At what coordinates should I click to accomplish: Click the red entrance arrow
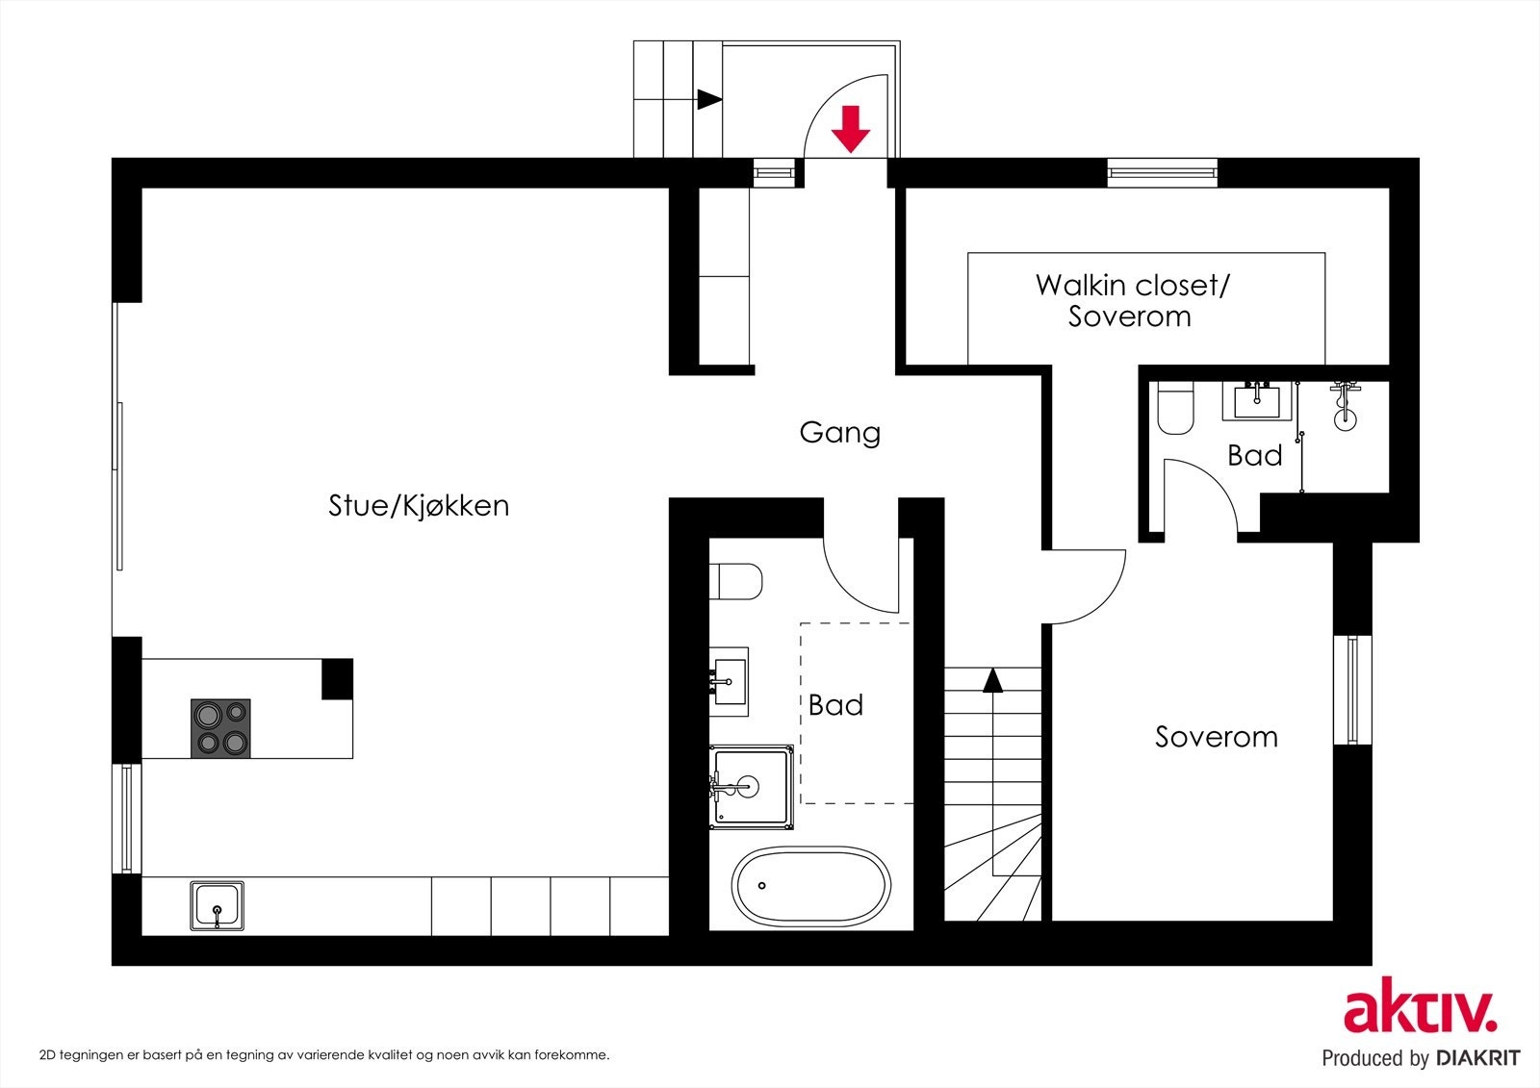850,129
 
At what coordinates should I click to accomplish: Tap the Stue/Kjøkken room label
419,506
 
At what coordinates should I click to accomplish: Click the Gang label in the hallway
839,432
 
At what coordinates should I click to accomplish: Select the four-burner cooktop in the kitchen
220,728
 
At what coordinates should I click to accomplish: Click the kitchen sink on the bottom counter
217,905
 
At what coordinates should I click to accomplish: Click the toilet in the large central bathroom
736,581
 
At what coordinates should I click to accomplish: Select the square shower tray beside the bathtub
752,787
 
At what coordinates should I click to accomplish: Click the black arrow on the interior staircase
992,680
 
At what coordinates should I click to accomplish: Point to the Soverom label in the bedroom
1217,737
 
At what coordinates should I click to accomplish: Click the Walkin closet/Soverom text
1132,300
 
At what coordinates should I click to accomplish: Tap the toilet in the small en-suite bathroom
1175,409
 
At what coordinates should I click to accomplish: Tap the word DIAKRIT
1477,1058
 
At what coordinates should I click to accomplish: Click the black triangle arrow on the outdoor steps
709,99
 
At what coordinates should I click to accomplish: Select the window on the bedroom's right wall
1351,689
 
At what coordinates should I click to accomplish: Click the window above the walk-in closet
1162,173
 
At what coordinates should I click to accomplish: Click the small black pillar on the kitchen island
337,679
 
